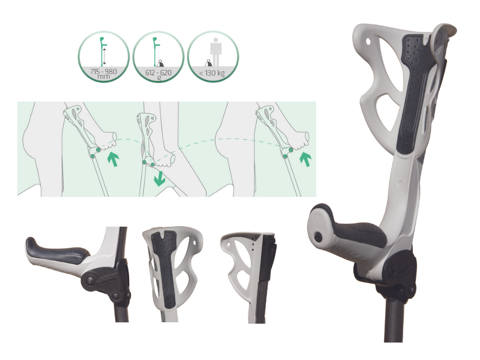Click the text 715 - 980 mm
103,73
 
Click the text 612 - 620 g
158,74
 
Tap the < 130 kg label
212,73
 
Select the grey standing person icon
216,52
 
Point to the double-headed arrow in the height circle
104,56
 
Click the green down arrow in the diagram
160,178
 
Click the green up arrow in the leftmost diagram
113,159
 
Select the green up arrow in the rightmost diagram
305,159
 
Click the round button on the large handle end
319,236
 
